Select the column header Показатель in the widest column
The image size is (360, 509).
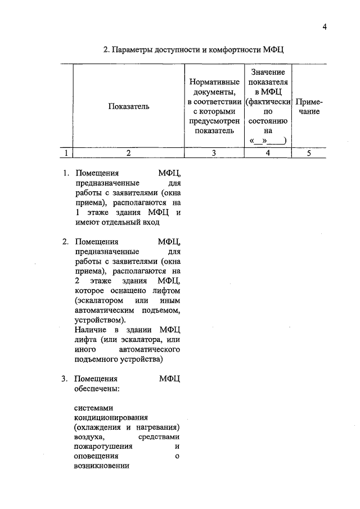pyautogui.click(x=129, y=106)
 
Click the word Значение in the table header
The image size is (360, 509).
pyautogui.click(x=268, y=72)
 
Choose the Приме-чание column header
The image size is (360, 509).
pyautogui.click(x=309, y=106)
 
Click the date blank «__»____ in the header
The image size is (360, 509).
pyautogui.click(x=268, y=141)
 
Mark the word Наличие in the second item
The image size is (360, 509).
pyautogui.click(x=90, y=328)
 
